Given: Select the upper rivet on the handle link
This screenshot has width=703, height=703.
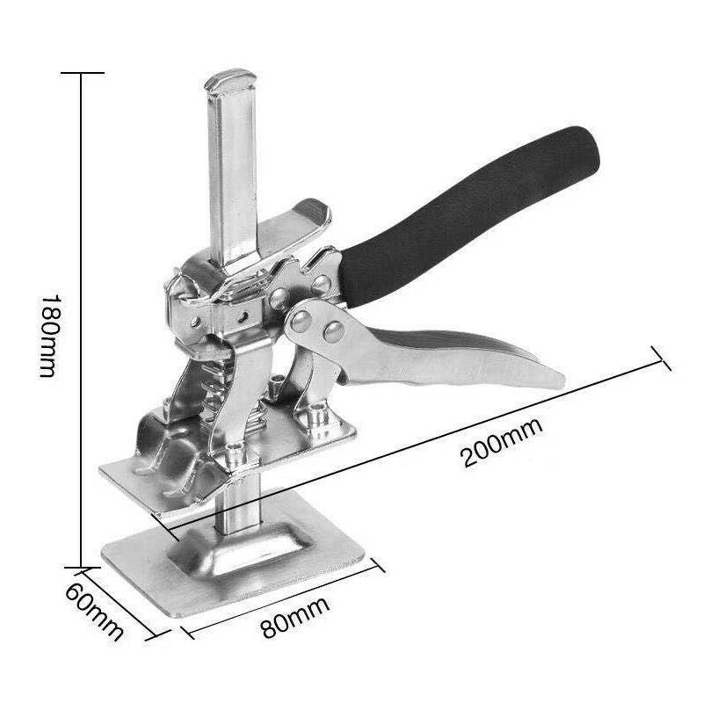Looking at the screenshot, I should [x=302, y=318].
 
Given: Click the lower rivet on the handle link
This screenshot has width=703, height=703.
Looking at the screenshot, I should [x=332, y=331].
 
